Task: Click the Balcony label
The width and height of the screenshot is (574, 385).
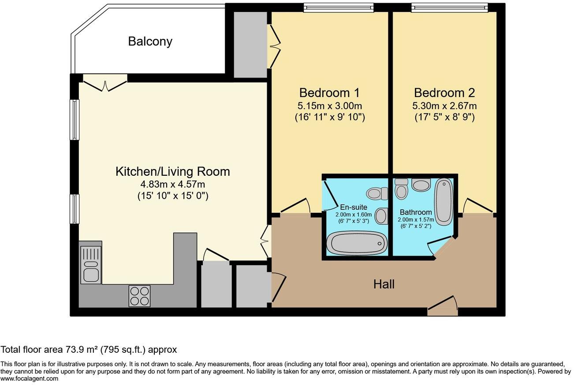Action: [150, 42]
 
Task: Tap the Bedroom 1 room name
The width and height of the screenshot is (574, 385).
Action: [329, 93]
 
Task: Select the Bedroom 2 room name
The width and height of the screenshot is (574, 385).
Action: [444, 93]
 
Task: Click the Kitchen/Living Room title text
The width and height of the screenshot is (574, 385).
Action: [172, 172]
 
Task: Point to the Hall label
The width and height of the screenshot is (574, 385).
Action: [384, 284]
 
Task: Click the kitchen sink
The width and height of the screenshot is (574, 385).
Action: [91, 265]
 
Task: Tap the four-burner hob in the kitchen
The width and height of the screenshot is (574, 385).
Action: [139, 296]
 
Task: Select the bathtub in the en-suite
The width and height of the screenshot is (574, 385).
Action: [357, 244]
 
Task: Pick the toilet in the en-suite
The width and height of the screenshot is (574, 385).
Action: [376, 192]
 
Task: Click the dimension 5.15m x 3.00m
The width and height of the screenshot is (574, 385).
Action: [329, 106]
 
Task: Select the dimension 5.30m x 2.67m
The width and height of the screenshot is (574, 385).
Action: [444, 106]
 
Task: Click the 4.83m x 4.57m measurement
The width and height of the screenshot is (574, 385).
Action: [172, 184]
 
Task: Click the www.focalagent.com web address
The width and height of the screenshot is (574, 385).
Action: [29, 378]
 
